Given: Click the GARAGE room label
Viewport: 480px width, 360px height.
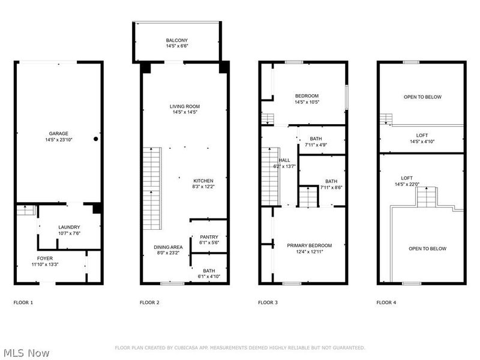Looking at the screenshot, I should (59, 133).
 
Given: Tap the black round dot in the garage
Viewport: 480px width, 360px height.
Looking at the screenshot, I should (95, 139).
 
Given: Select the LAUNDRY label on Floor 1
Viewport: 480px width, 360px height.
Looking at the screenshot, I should (69, 227).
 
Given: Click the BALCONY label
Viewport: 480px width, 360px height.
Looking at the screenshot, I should (176, 40).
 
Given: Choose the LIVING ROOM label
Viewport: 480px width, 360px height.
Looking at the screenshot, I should (184, 106).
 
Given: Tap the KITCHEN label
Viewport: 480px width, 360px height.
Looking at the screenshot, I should (203, 181).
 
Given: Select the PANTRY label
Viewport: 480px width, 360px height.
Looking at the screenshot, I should (209, 237).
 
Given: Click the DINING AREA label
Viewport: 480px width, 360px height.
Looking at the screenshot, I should (167, 247).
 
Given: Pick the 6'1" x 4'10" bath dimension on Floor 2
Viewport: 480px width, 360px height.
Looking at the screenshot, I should (209, 277).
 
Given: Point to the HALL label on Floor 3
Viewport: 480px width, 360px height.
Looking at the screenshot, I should (284, 160).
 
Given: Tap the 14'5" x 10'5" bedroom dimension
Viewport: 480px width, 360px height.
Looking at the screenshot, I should (306, 102).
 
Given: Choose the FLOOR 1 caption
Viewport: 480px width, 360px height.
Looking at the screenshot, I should (23, 302).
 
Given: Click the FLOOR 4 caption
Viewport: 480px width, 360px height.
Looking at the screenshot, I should (386, 302).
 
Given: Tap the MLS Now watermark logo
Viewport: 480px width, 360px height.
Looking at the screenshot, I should (26, 352).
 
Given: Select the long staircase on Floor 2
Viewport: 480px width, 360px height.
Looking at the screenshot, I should (151, 189).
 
